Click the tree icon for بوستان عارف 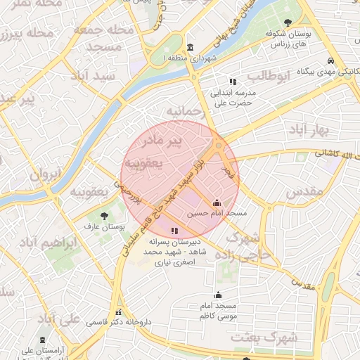pyautogui.click(x=105, y=216)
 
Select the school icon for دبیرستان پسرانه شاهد pyautogui.click(x=174, y=231)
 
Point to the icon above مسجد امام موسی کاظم pyautogui.click(x=218, y=295)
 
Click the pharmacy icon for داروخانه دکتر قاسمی pyautogui.click(x=118, y=311)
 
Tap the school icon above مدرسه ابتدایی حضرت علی pyautogui.click(x=233, y=82)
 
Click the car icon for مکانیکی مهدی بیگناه pyautogui.click(x=330, y=60)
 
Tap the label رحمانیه pyautogui.click(x=185, y=112)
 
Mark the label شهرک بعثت pyautogui.click(x=274, y=337)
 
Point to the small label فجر pyautogui.click(x=227, y=171)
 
